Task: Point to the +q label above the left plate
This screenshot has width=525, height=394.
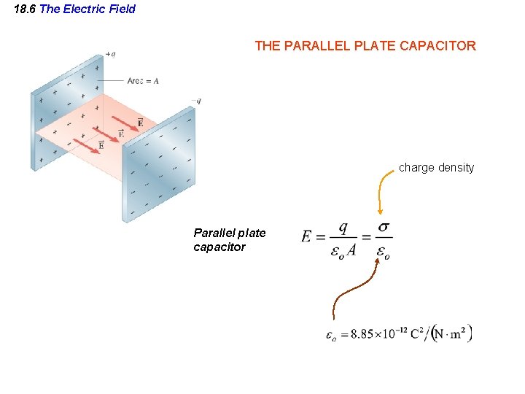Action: (x=110, y=54)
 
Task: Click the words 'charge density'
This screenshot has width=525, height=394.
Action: (x=436, y=168)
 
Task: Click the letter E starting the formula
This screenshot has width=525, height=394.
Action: (x=307, y=236)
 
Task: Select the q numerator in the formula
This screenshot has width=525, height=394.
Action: (x=342, y=226)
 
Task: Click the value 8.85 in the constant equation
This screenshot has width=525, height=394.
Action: (x=363, y=335)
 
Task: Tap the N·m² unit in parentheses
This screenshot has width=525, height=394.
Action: (x=451, y=334)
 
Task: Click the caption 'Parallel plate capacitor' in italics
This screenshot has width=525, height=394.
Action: (x=229, y=240)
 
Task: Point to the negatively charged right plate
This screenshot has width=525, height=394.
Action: (x=160, y=168)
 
